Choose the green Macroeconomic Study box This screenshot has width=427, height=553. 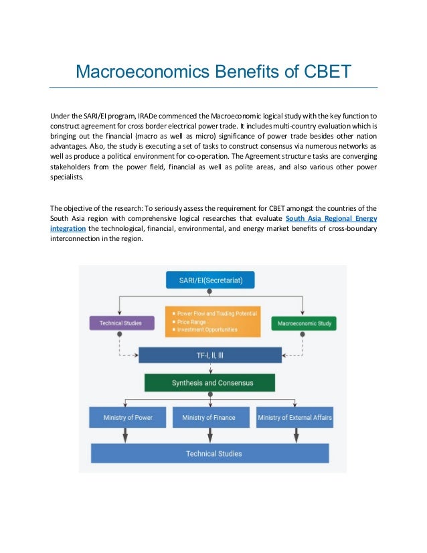pos(304,323)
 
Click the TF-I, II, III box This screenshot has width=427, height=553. pos(210,355)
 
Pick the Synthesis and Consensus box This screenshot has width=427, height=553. pos(210,383)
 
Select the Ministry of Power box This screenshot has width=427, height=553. pos(128,418)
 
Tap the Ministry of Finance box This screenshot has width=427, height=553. pos(209,418)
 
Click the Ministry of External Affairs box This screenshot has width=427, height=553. pos(295,418)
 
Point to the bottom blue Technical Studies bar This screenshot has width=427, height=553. pos(210,453)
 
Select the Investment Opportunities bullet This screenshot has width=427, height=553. pos(207,329)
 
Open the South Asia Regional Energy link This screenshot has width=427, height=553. pos(331,218)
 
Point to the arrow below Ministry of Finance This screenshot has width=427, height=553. pos(210,435)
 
